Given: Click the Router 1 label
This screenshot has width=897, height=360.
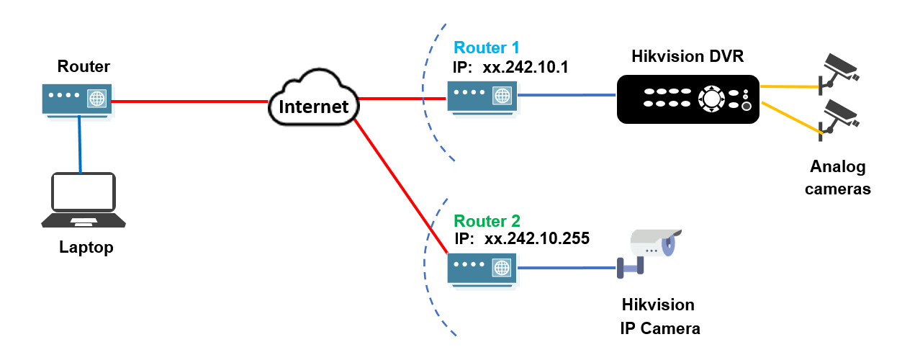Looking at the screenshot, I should [x=486, y=48].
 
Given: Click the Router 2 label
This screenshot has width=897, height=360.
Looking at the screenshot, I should [x=486, y=221].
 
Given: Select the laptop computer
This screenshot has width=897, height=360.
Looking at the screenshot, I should [x=83, y=199].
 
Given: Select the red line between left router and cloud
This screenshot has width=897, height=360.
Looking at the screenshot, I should [x=191, y=102].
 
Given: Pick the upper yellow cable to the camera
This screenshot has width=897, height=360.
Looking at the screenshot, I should [x=790, y=86].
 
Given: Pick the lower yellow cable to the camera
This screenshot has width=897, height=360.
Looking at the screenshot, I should [x=790, y=117].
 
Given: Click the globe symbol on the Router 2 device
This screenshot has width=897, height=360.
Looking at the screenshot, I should [x=502, y=269].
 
